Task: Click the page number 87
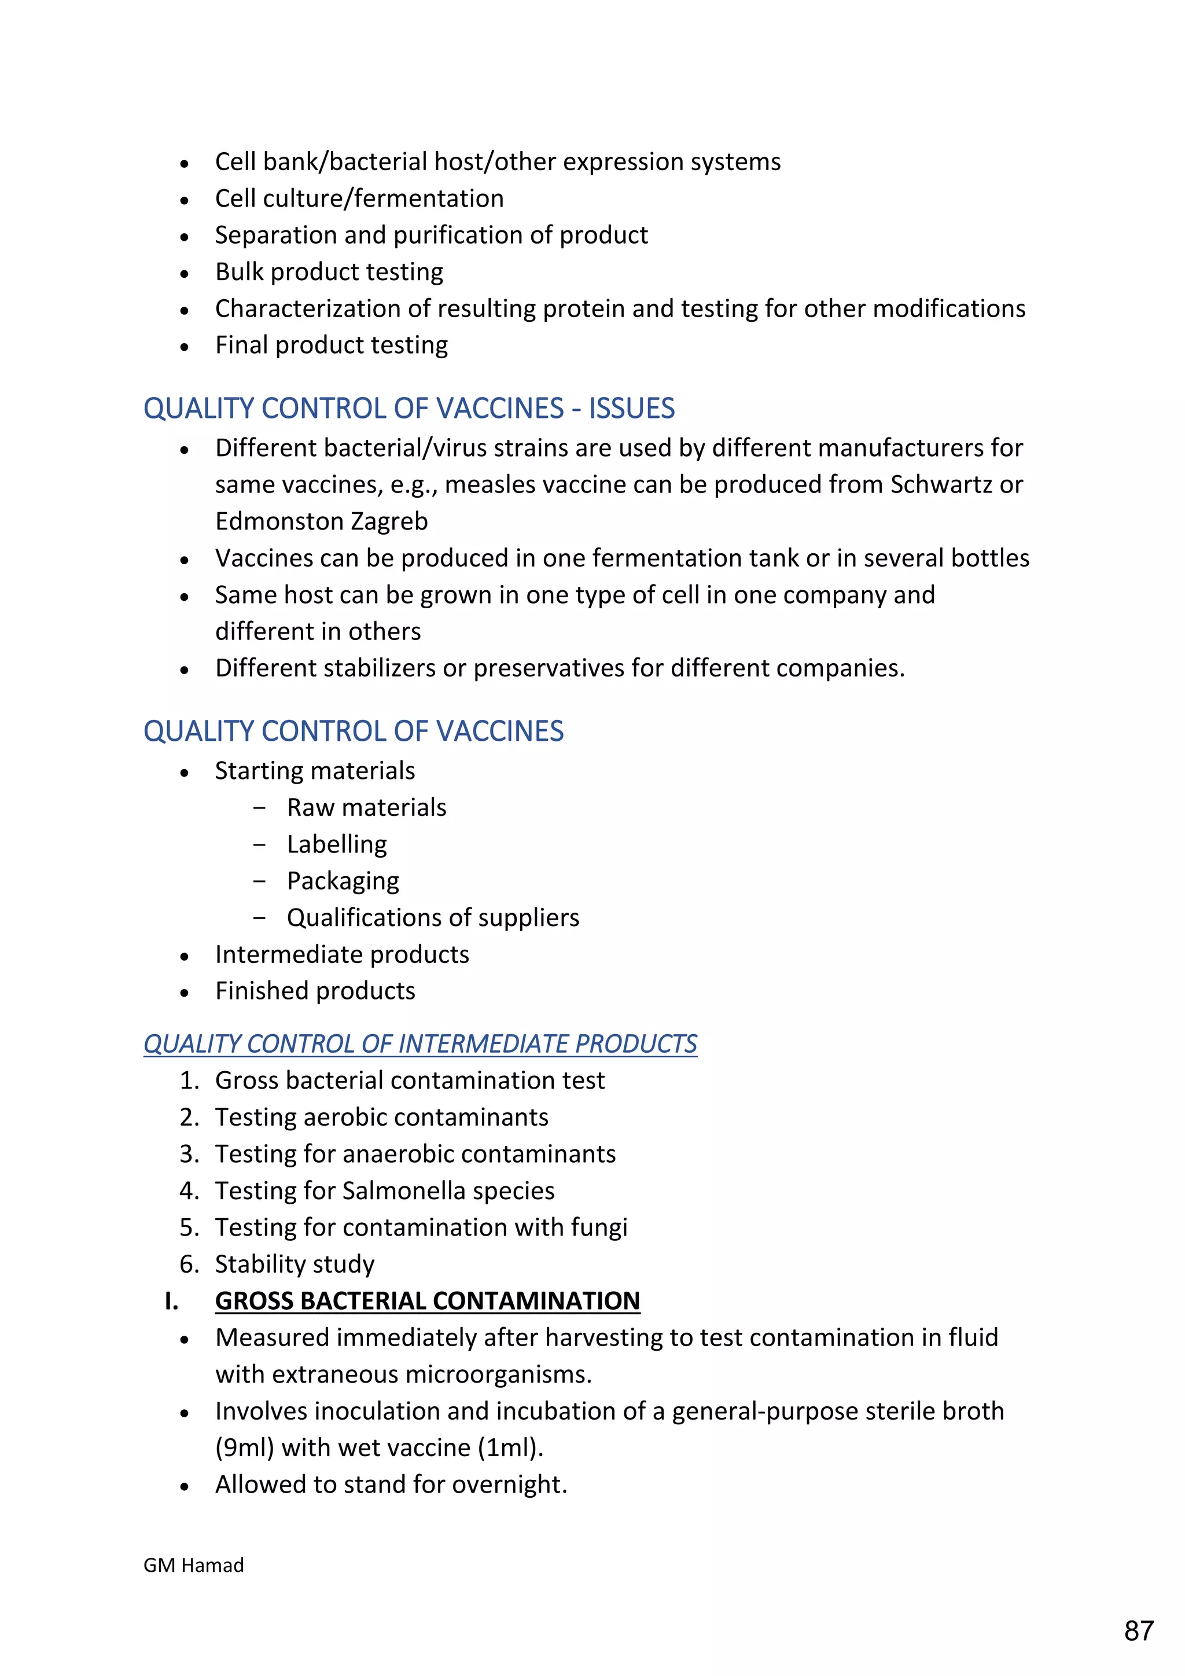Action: pos(1138,1630)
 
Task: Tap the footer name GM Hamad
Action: pos(193,1564)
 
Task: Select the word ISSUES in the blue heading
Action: pos(631,408)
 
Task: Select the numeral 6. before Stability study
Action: pos(189,1265)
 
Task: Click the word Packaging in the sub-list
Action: pos(343,881)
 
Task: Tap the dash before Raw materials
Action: pos(259,808)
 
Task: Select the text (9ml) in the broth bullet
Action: pos(244,1447)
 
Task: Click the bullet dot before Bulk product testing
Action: pos(185,274)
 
